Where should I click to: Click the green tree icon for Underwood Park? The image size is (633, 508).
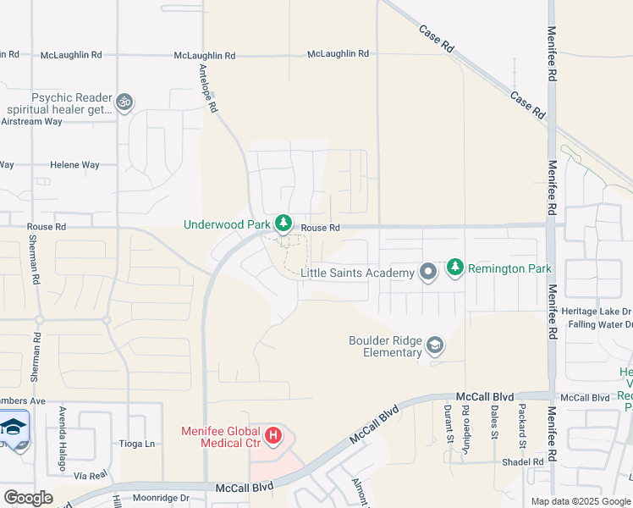(283, 224)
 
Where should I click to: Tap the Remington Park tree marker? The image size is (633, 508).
(455, 268)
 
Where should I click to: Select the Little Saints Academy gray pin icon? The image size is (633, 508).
(428, 272)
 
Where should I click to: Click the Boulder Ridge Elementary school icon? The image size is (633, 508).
(435, 345)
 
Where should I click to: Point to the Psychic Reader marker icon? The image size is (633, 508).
(124, 102)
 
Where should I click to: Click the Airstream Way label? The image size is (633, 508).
(31, 122)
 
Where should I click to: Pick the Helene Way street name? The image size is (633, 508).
(74, 165)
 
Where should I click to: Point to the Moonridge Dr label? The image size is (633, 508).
(161, 498)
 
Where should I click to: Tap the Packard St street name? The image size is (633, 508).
(522, 427)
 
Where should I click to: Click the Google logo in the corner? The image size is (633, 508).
(28, 498)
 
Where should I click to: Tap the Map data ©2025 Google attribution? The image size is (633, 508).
(580, 501)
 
